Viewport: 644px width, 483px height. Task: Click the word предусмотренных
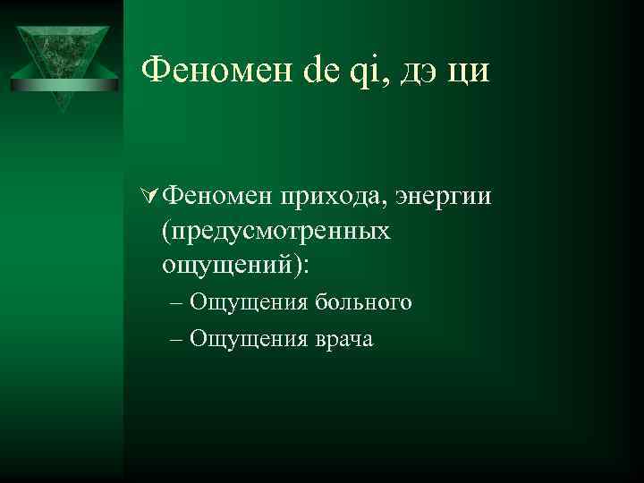click(281, 231)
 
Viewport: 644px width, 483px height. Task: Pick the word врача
click(343, 339)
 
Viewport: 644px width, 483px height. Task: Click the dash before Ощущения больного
click(174, 302)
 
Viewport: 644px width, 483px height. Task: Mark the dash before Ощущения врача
click(174, 339)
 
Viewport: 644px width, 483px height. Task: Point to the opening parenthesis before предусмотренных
click(165, 231)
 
